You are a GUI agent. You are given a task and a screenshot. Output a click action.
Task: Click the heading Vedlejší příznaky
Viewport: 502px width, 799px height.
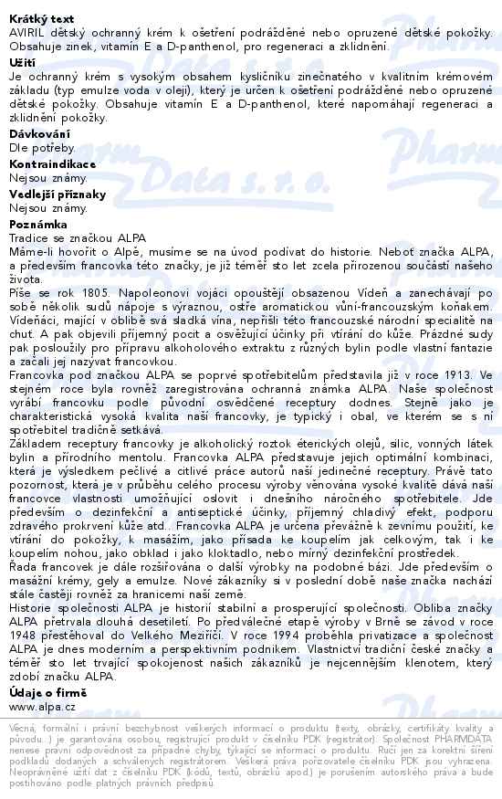tap(58, 194)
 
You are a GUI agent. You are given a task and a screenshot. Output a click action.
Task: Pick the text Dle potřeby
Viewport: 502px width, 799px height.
tap(42, 147)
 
